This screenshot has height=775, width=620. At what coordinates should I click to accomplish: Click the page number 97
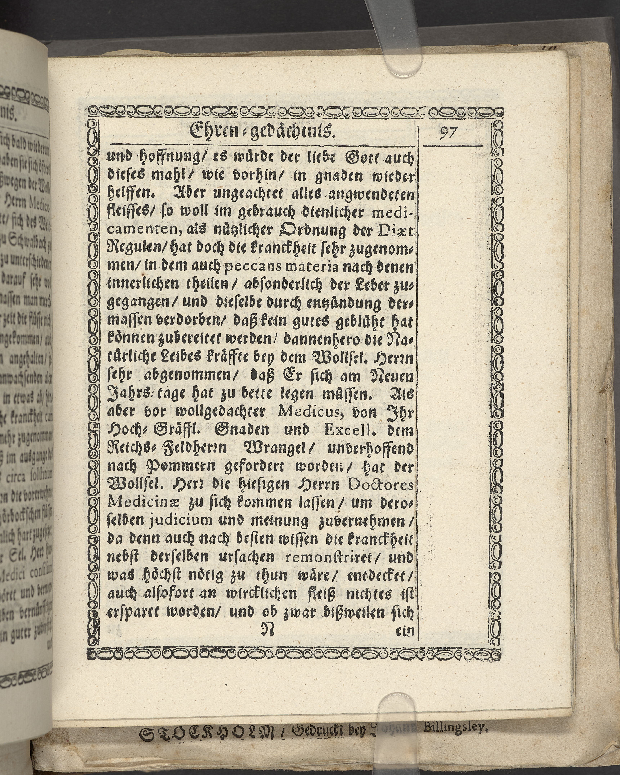[448, 133]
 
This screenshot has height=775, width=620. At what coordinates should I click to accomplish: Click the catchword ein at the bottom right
[404, 631]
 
